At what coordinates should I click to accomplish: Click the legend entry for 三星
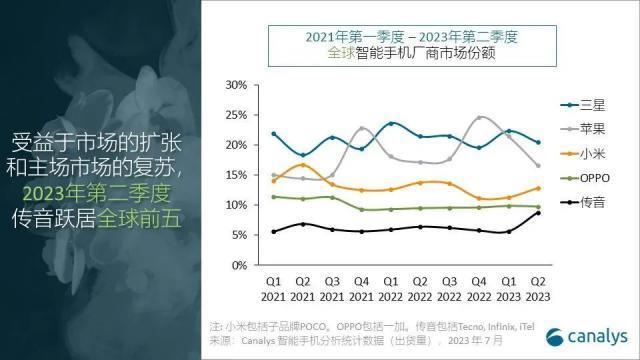click(x=584, y=103)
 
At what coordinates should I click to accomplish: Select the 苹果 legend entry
click(x=584, y=129)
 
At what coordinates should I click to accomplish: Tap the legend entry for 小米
click(x=584, y=154)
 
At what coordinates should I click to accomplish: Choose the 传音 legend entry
click(x=584, y=204)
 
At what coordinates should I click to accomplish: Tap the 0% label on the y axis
click(x=239, y=265)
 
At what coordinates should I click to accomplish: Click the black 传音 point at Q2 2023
click(x=539, y=213)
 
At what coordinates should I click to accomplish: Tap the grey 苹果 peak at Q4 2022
click(x=481, y=118)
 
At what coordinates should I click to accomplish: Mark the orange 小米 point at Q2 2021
click(x=303, y=165)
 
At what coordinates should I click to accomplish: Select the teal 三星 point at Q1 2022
click(x=392, y=124)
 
